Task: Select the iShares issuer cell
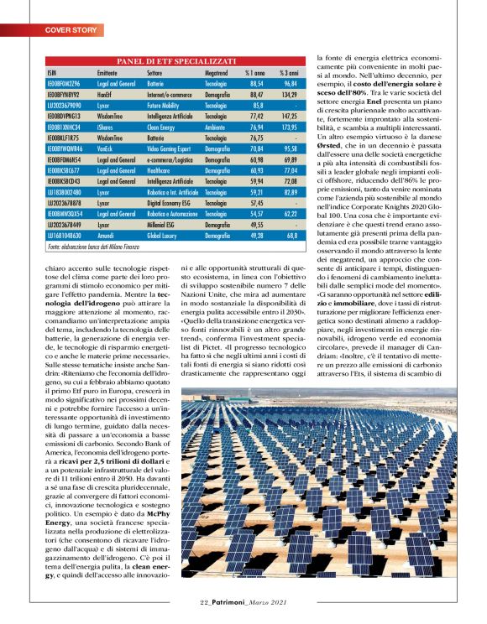click(x=106, y=126)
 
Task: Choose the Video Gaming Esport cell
click(x=173, y=148)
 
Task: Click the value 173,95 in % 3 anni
click(x=291, y=126)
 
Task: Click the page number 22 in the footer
click(x=204, y=601)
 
